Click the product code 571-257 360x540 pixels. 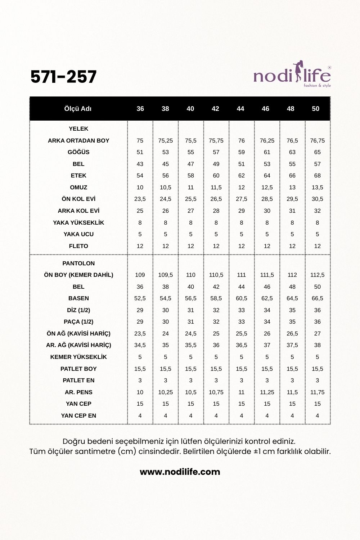[64, 77]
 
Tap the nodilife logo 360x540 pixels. [292, 76]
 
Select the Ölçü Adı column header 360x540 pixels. [78, 109]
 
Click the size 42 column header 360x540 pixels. [215, 109]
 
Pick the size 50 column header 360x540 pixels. [315, 109]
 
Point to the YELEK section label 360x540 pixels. [78, 129]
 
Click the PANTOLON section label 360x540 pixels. [78, 263]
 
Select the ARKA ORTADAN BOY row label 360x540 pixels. [78, 140]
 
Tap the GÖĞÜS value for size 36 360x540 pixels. [140, 152]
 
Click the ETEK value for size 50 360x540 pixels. [317, 176]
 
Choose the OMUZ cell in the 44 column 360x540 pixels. [241, 187]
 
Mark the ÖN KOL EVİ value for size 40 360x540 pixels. [191, 199]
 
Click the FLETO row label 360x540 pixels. [78, 246]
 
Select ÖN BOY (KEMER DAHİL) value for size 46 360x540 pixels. [267, 275]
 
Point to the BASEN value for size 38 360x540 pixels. [166, 298]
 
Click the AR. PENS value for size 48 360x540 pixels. [292, 392]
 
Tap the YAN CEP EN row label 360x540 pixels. [78, 415]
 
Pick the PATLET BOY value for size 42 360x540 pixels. [216, 369]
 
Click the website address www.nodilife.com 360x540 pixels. [180, 472]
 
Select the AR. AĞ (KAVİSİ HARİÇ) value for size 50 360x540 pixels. [317, 345]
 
